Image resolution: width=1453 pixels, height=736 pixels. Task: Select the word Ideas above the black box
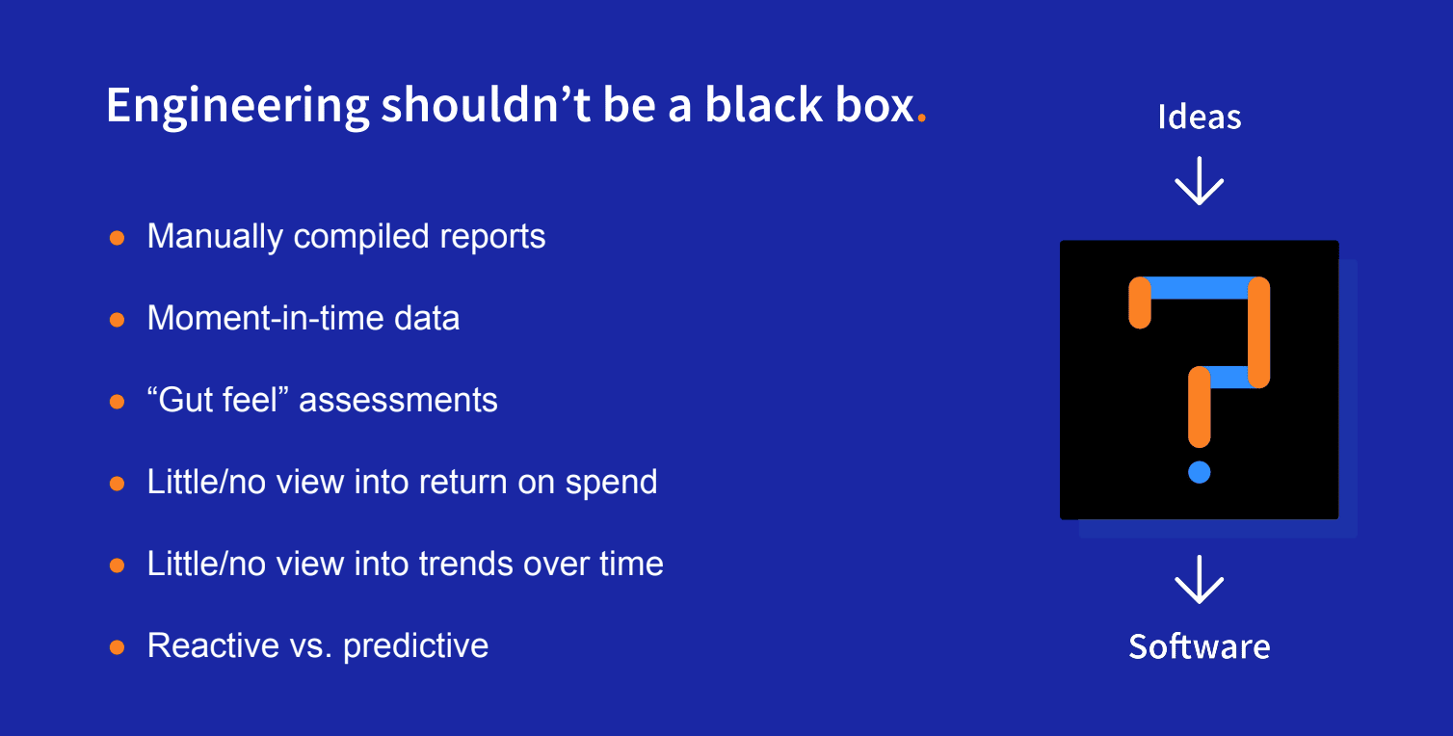pos(1200,118)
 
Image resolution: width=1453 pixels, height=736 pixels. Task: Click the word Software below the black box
pos(1200,646)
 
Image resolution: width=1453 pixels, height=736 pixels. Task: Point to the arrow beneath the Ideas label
pos(1200,181)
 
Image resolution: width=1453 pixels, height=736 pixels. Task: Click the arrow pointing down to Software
pos(1200,580)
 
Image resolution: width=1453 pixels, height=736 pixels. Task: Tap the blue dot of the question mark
pos(1200,472)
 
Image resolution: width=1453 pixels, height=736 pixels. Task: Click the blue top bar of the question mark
pos(1200,288)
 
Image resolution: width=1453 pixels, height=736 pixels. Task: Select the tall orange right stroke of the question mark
pos(1258,332)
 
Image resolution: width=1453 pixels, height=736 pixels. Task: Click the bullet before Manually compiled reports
pos(118,238)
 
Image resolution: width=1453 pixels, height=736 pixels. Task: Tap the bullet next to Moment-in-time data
pos(118,320)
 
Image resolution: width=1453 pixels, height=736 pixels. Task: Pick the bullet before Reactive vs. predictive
pos(118,647)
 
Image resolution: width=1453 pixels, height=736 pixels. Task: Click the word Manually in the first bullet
pos(215,237)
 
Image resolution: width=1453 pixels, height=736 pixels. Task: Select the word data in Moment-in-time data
pos(427,319)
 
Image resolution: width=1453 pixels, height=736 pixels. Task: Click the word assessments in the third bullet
pos(398,400)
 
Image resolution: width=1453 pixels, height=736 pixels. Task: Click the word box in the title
pos(874,106)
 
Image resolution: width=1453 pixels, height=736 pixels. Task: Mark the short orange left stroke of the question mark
pos(1140,302)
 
